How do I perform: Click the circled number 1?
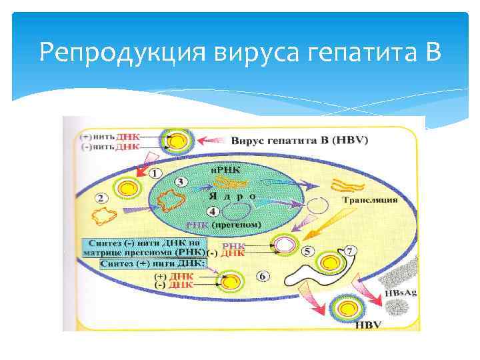[x=155, y=173]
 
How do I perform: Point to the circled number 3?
[x=179, y=181]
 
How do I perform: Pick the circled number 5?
[x=307, y=252]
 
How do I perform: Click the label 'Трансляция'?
[x=369, y=199]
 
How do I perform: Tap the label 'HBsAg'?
[x=403, y=293]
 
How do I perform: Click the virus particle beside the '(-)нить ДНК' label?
[x=177, y=141]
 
